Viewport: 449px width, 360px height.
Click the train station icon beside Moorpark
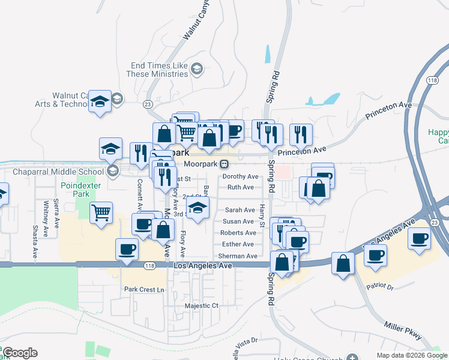point(224,164)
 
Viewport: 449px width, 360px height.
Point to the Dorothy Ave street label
point(240,176)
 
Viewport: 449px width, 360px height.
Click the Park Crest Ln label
point(144,290)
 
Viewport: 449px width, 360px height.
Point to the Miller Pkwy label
point(403,330)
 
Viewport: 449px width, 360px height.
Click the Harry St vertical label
point(262,213)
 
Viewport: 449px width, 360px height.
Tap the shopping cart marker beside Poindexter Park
point(101,212)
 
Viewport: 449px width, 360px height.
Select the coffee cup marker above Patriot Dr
point(375,255)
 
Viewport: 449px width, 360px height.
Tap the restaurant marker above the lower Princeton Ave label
point(301,134)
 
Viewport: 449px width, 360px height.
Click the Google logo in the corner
point(20,353)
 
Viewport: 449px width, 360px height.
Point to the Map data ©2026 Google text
point(411,355)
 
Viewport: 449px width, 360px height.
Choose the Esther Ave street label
point(238,244)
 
